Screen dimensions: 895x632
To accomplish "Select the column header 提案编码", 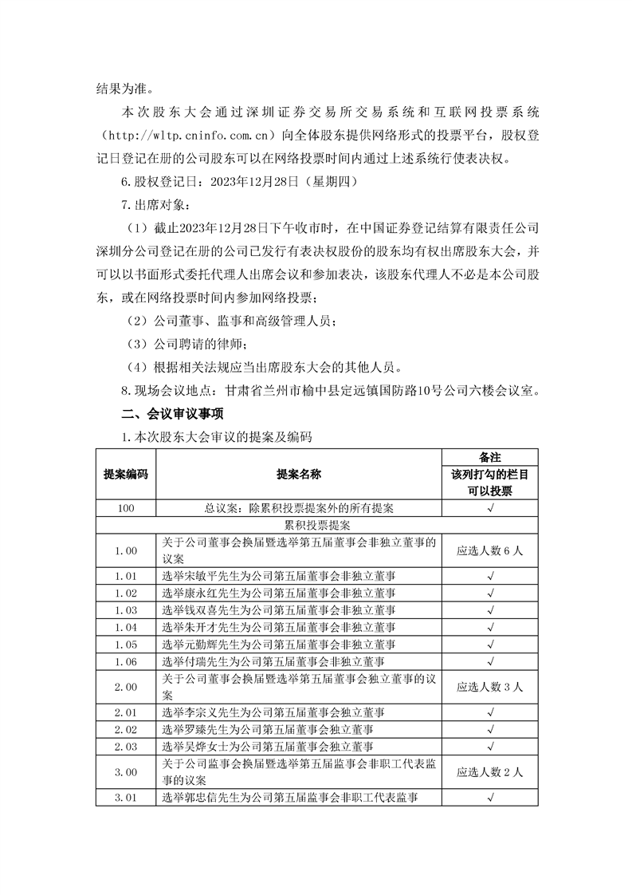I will [x=125, y=474].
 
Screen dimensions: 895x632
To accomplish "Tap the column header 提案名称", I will [x=298, y=474].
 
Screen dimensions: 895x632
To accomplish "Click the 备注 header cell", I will [x=489, y=457].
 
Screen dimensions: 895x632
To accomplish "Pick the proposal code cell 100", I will [x=125, y=507].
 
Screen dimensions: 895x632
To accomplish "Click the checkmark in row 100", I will [x=489, y=507].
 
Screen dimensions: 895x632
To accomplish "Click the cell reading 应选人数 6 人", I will [x=489, y=550].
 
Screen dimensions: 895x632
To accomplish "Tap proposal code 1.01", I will [x=125, y=574].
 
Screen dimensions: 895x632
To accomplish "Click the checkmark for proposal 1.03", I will [x=489, y=609].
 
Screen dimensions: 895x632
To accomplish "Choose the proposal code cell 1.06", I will [x=125, y=662].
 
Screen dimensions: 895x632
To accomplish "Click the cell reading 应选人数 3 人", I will [x=489, y=686].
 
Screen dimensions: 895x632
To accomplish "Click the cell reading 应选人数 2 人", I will [x=489, y=772].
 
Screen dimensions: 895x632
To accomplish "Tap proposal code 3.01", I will [x=125, y=796].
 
